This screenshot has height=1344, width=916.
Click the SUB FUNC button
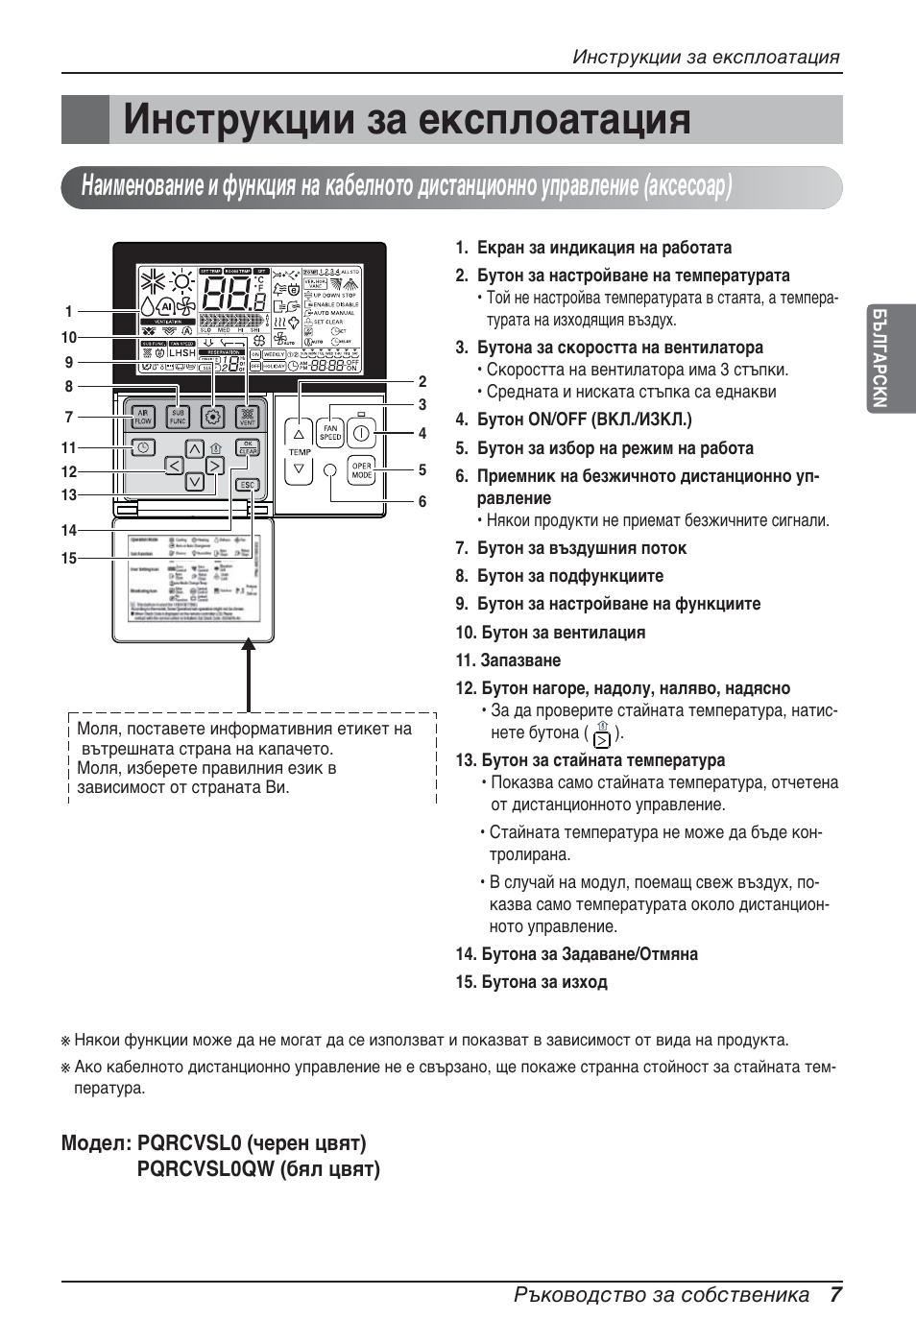click(x=178, y=417)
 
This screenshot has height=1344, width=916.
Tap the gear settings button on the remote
click(x=213, y=417)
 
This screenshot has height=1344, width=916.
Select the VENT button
click(x=247, y=417)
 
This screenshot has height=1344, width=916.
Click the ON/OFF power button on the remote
click(x=360, y=433)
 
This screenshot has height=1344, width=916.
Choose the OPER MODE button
click(x=361, y=471)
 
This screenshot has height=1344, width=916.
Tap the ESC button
click(x=248, y=485)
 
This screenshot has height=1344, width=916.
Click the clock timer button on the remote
click(x=143, y=447)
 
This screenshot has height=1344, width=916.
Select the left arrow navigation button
click(x=174, y=466)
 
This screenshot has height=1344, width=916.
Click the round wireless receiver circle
click(x=330, y=470)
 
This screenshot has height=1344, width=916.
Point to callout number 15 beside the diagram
click(x=68, y=558)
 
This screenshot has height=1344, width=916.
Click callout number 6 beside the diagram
click(x=422, y=501)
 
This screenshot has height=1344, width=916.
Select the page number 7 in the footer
click(x=836, y=1294)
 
